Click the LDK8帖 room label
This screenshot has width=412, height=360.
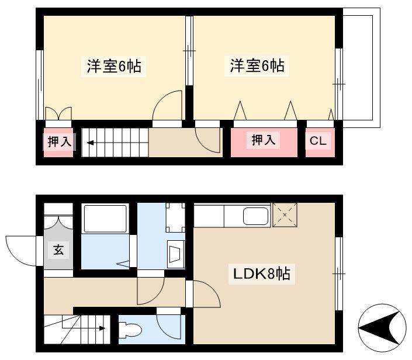(262, 274)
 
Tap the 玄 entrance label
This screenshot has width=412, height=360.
(58, 250)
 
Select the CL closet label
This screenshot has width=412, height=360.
(318, 141)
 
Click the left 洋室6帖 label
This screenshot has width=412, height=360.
(114, 66)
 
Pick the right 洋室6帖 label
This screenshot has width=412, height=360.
(257, 65)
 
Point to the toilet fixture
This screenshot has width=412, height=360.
(130, 330)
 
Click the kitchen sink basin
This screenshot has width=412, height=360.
(257, 216)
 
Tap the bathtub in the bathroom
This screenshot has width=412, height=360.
(105, 219)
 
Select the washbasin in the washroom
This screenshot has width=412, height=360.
(175, 254)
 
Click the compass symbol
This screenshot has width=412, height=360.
(382, 328)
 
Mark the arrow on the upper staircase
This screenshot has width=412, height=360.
(91, 143)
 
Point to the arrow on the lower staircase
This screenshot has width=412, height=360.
(84, 328)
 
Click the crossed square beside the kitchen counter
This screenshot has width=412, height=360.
(285, 215)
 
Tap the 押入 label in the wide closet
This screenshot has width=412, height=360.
(264, 140)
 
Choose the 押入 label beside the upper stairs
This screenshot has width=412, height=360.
(60, 141)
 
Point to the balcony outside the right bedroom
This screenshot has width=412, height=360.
(361, 68)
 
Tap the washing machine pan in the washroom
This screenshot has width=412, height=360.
(175, 217)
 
